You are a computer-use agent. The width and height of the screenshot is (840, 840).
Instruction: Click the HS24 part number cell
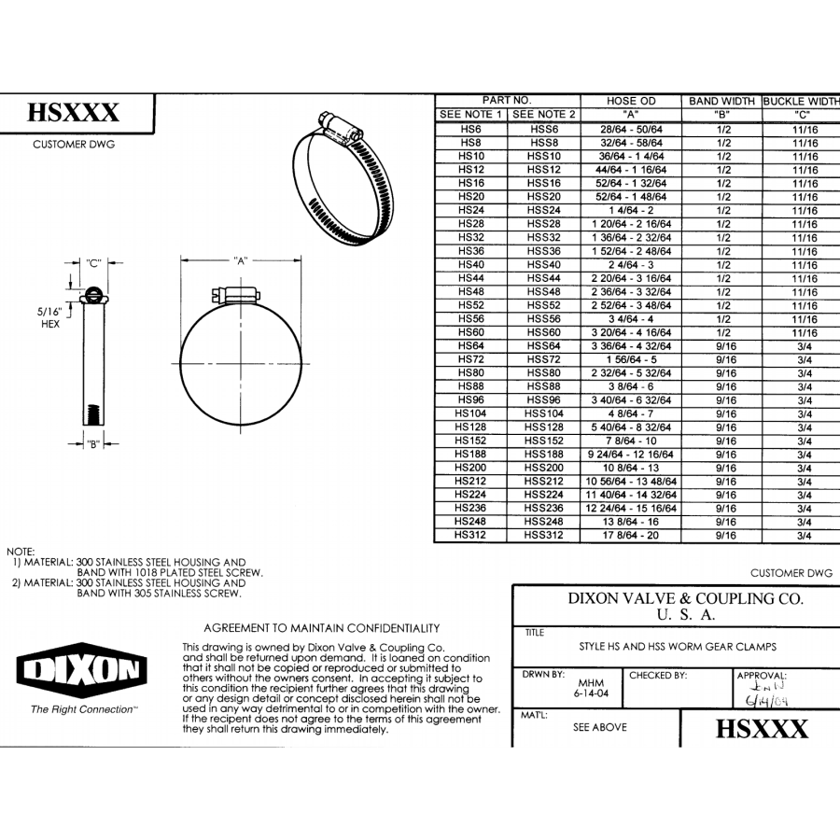[x=471, y=210]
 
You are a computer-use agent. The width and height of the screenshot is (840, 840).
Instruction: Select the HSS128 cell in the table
[x=545, y=427]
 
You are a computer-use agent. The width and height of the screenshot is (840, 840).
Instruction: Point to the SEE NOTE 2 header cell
[x=545, y=114]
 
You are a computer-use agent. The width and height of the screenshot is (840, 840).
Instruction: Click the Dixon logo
[x=81, y=669]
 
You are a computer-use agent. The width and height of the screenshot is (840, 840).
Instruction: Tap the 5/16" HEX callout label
[x=49, y=318]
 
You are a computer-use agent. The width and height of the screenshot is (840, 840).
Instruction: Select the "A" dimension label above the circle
[x=241, y=262]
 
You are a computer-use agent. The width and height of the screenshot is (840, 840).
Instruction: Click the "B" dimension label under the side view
[x=93, y=444]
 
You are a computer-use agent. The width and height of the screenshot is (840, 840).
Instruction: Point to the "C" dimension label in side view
[x=93, y=264]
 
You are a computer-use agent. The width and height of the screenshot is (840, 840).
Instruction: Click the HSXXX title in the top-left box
[x=74, y=114]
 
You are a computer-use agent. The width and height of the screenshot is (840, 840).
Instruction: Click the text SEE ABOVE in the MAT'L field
[x=600, y=727]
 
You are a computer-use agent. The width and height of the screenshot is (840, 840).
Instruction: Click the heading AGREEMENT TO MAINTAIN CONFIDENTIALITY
[x=321, y=628]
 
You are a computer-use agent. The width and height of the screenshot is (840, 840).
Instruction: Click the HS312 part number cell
[x=471, y=536]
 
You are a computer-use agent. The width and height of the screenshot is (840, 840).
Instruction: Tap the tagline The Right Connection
[x=83, y=709]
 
